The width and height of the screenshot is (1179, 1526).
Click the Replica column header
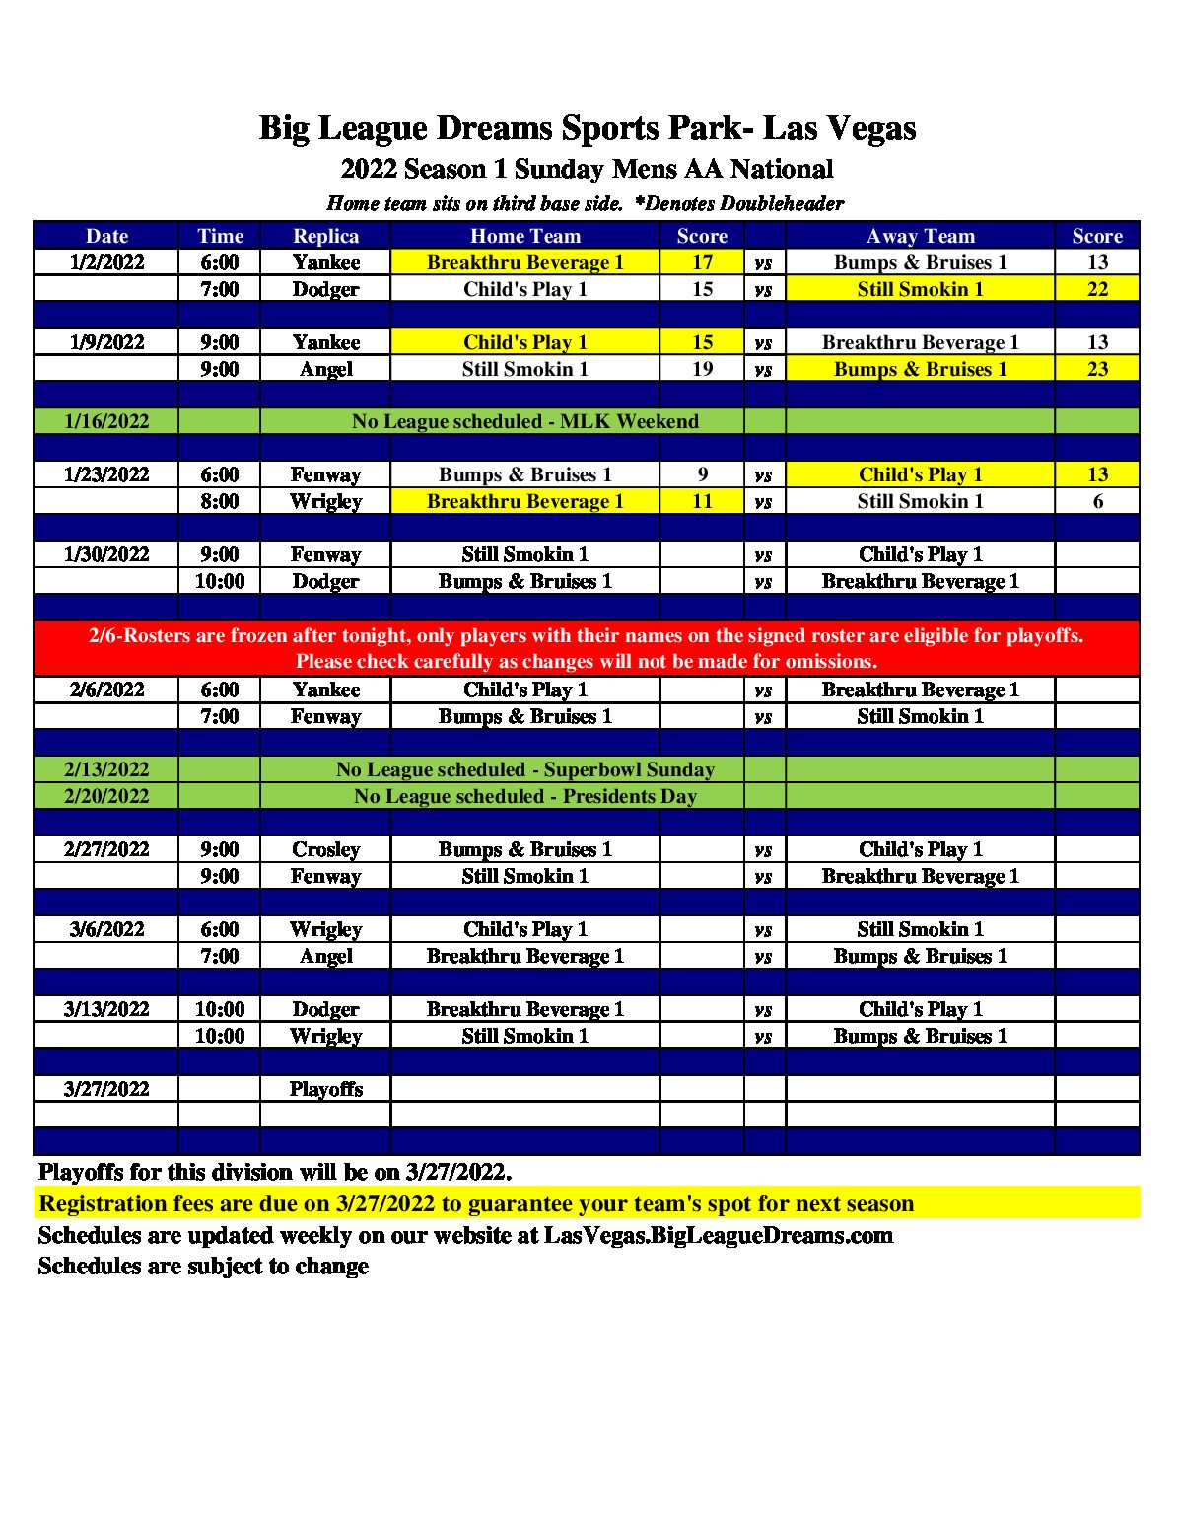click(325, 236)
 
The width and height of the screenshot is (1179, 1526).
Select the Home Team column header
click(524, 236)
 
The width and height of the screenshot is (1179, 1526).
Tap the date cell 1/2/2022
click(106, 262)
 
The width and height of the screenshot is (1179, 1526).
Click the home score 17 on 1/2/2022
click(702, 262)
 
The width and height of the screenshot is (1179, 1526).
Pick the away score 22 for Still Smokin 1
click(1097, 289)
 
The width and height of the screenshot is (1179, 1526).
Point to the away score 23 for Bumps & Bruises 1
click(1097, 369)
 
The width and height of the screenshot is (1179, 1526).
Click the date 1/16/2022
click(106, 421)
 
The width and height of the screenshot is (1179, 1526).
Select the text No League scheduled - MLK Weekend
click(524, 421)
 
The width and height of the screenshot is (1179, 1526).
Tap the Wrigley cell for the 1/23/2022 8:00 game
click(325, 501)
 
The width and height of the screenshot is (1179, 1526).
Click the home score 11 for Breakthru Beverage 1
click(702, 501)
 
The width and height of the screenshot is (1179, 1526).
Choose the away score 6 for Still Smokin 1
click(1097, 501)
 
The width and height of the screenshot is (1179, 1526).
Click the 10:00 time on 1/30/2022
click(219, 581)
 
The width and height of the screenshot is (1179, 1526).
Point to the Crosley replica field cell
click(325, 849)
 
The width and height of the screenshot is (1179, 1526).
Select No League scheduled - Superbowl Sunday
click(524, 769)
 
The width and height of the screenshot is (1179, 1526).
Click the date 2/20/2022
click(106, 796)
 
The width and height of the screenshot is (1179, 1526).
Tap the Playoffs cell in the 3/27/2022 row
click(325, 1089)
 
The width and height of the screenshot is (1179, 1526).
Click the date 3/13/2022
click(106, 1009)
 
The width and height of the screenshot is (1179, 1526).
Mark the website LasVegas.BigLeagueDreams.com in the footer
click(718, 1235)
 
